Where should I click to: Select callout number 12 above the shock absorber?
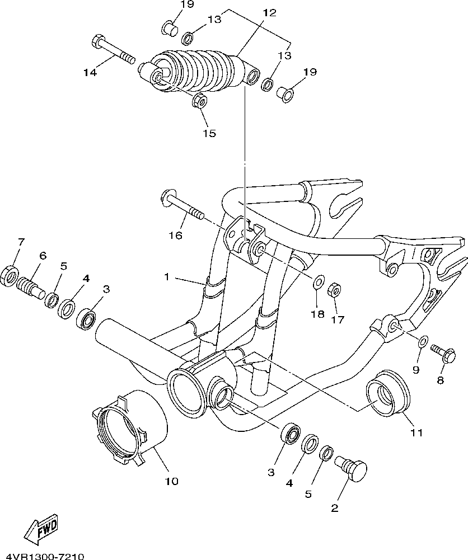coord(269,13)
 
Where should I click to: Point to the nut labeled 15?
coord(199,101)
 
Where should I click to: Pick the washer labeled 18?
coord(317,282)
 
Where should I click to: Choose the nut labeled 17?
coord(335,290)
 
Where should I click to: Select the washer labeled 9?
coord(423,341)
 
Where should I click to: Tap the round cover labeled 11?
coord(387,393)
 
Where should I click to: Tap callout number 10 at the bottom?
coord(172,481)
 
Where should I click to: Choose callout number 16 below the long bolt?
coord(176,236)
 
